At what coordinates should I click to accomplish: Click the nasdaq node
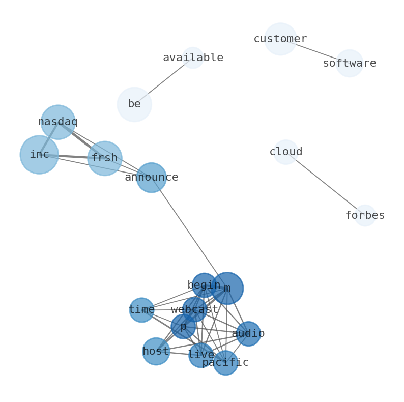[58, 122]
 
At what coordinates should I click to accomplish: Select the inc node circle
[39, 155]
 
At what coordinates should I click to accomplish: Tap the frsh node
[105, 158]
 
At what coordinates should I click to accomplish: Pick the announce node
[152, 178]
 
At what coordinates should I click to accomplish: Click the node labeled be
[134, 104]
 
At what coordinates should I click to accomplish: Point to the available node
[193, 58]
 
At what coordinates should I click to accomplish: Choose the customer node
[280, 39]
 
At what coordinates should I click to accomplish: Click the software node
[350, 64]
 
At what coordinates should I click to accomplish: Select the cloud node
[286, 152]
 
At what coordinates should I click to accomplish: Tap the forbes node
[365, 216]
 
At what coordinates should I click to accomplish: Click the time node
[141, 310]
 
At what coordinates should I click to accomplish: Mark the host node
[156, 352]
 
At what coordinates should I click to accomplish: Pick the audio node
[248, 334]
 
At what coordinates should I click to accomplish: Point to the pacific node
[225, 363]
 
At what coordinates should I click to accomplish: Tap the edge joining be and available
[163, 81]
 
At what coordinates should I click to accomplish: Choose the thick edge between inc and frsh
[72, 156]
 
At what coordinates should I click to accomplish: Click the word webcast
[194, 309]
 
